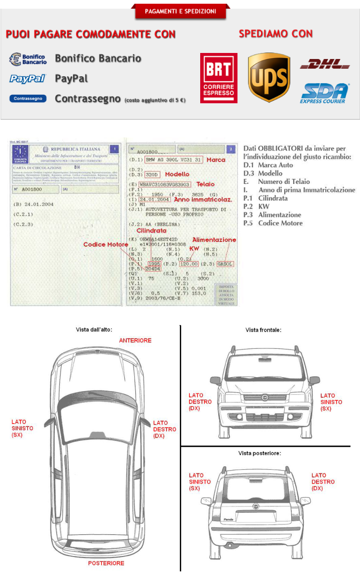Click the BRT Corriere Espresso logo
[x=218, y=78]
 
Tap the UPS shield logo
[x=269, y=77]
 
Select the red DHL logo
[x=325, y=64]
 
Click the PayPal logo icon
[x=27, y=79]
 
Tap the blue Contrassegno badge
[x=27, y=98]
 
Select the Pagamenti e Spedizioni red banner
[x=181, y=11]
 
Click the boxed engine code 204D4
[x=152, y=269]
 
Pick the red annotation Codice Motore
[x=105, y=244]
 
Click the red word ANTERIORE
[x=135, y=341]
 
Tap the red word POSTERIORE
[x=106, y=563]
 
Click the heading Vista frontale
[x=263, y=330]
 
